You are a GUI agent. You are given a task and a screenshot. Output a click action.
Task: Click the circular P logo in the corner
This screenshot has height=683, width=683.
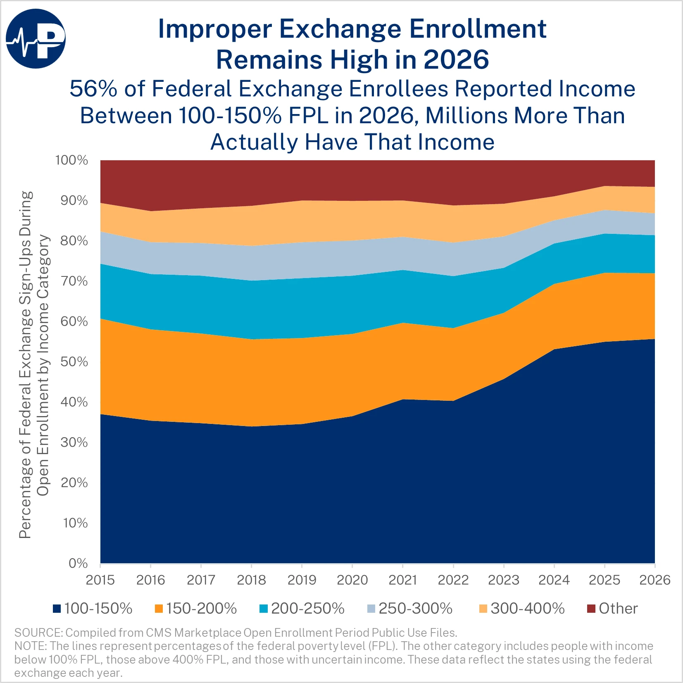point(36,38)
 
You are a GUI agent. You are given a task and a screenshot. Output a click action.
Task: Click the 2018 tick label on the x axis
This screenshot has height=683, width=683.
point(251,580)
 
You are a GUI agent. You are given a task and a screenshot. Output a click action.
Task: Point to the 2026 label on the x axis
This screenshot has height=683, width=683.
point(654,580)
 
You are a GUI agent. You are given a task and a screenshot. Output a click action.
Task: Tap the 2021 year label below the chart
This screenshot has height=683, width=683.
point(402,580)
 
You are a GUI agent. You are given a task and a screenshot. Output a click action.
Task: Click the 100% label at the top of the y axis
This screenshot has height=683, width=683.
point(71,160)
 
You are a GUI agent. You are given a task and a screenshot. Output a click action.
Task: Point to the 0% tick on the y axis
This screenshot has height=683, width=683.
point(78,563)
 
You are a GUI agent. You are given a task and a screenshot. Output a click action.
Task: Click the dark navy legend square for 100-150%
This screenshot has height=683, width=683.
point(57,609)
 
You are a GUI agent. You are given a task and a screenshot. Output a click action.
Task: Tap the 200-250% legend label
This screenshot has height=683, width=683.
point(307,609)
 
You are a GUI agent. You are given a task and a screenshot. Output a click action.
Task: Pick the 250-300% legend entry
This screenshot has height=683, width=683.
point(415,609)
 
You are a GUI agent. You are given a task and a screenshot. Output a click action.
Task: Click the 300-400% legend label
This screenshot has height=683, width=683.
point(527,609)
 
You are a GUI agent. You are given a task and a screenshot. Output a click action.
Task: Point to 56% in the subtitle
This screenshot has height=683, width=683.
point(93,89)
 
